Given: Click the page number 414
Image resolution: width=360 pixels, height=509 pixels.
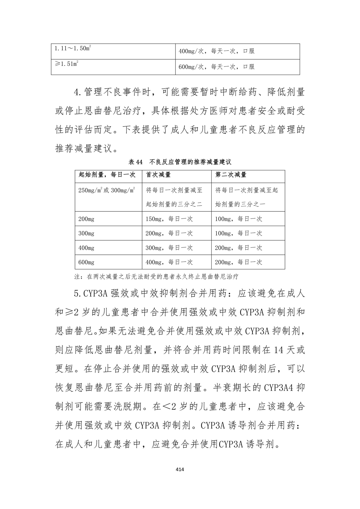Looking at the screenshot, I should coord(180,469).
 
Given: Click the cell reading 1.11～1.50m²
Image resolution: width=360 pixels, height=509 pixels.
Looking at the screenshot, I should coord(73,48).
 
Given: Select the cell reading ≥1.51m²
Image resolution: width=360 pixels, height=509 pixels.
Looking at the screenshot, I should coord(67,63).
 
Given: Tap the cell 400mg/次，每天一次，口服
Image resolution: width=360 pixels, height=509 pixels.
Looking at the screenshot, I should coord(216,52).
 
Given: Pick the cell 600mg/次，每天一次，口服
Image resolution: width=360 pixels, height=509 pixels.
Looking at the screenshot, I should coord(216,67).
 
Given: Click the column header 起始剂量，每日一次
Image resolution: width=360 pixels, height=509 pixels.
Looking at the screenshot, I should coord(107,175).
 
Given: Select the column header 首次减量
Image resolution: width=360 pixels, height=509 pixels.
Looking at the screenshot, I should coord(158,175).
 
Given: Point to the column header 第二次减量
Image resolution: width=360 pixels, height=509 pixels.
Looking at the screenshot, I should coord(231,175).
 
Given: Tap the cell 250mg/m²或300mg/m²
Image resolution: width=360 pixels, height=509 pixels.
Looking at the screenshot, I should coord(107,190).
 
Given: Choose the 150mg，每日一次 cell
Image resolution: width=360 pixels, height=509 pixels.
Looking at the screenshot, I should coord(169,219).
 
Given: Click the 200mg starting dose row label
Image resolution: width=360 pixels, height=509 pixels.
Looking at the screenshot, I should coord(86,219).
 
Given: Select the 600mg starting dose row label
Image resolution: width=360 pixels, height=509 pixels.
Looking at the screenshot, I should coord(86,262).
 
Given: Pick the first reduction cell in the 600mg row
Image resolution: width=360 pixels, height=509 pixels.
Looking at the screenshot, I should coord(169,262).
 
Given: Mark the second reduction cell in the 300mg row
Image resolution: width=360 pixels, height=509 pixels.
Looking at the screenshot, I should coord(239,233).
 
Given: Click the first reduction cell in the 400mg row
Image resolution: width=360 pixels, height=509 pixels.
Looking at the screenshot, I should coord(169,248).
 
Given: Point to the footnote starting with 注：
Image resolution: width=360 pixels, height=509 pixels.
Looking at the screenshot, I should coord(156,276).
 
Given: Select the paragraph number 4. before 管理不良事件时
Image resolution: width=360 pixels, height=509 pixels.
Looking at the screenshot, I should coord(78,92).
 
